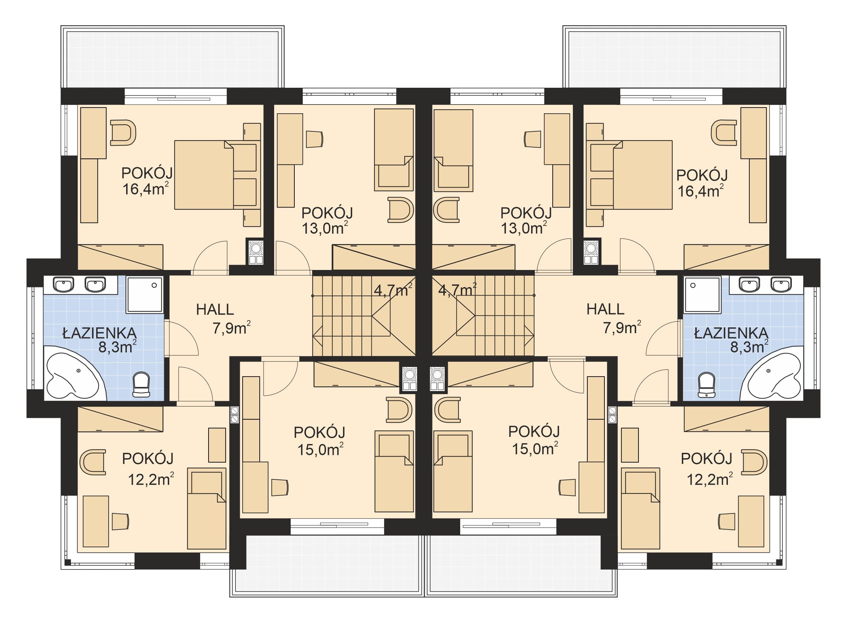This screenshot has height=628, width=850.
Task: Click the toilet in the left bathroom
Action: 141,384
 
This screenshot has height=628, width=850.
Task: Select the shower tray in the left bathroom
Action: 144,295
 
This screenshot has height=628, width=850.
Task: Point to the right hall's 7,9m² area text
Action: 622,327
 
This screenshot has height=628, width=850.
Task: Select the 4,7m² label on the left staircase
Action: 393,290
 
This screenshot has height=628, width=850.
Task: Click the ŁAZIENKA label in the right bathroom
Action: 731,333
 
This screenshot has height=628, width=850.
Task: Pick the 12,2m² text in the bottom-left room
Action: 151,479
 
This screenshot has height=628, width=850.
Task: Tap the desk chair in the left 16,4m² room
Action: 123,133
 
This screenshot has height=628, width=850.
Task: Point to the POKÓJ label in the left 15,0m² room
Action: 320,432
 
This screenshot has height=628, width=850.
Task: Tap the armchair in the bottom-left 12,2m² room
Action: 93,462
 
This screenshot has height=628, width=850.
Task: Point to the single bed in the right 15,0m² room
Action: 452,471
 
